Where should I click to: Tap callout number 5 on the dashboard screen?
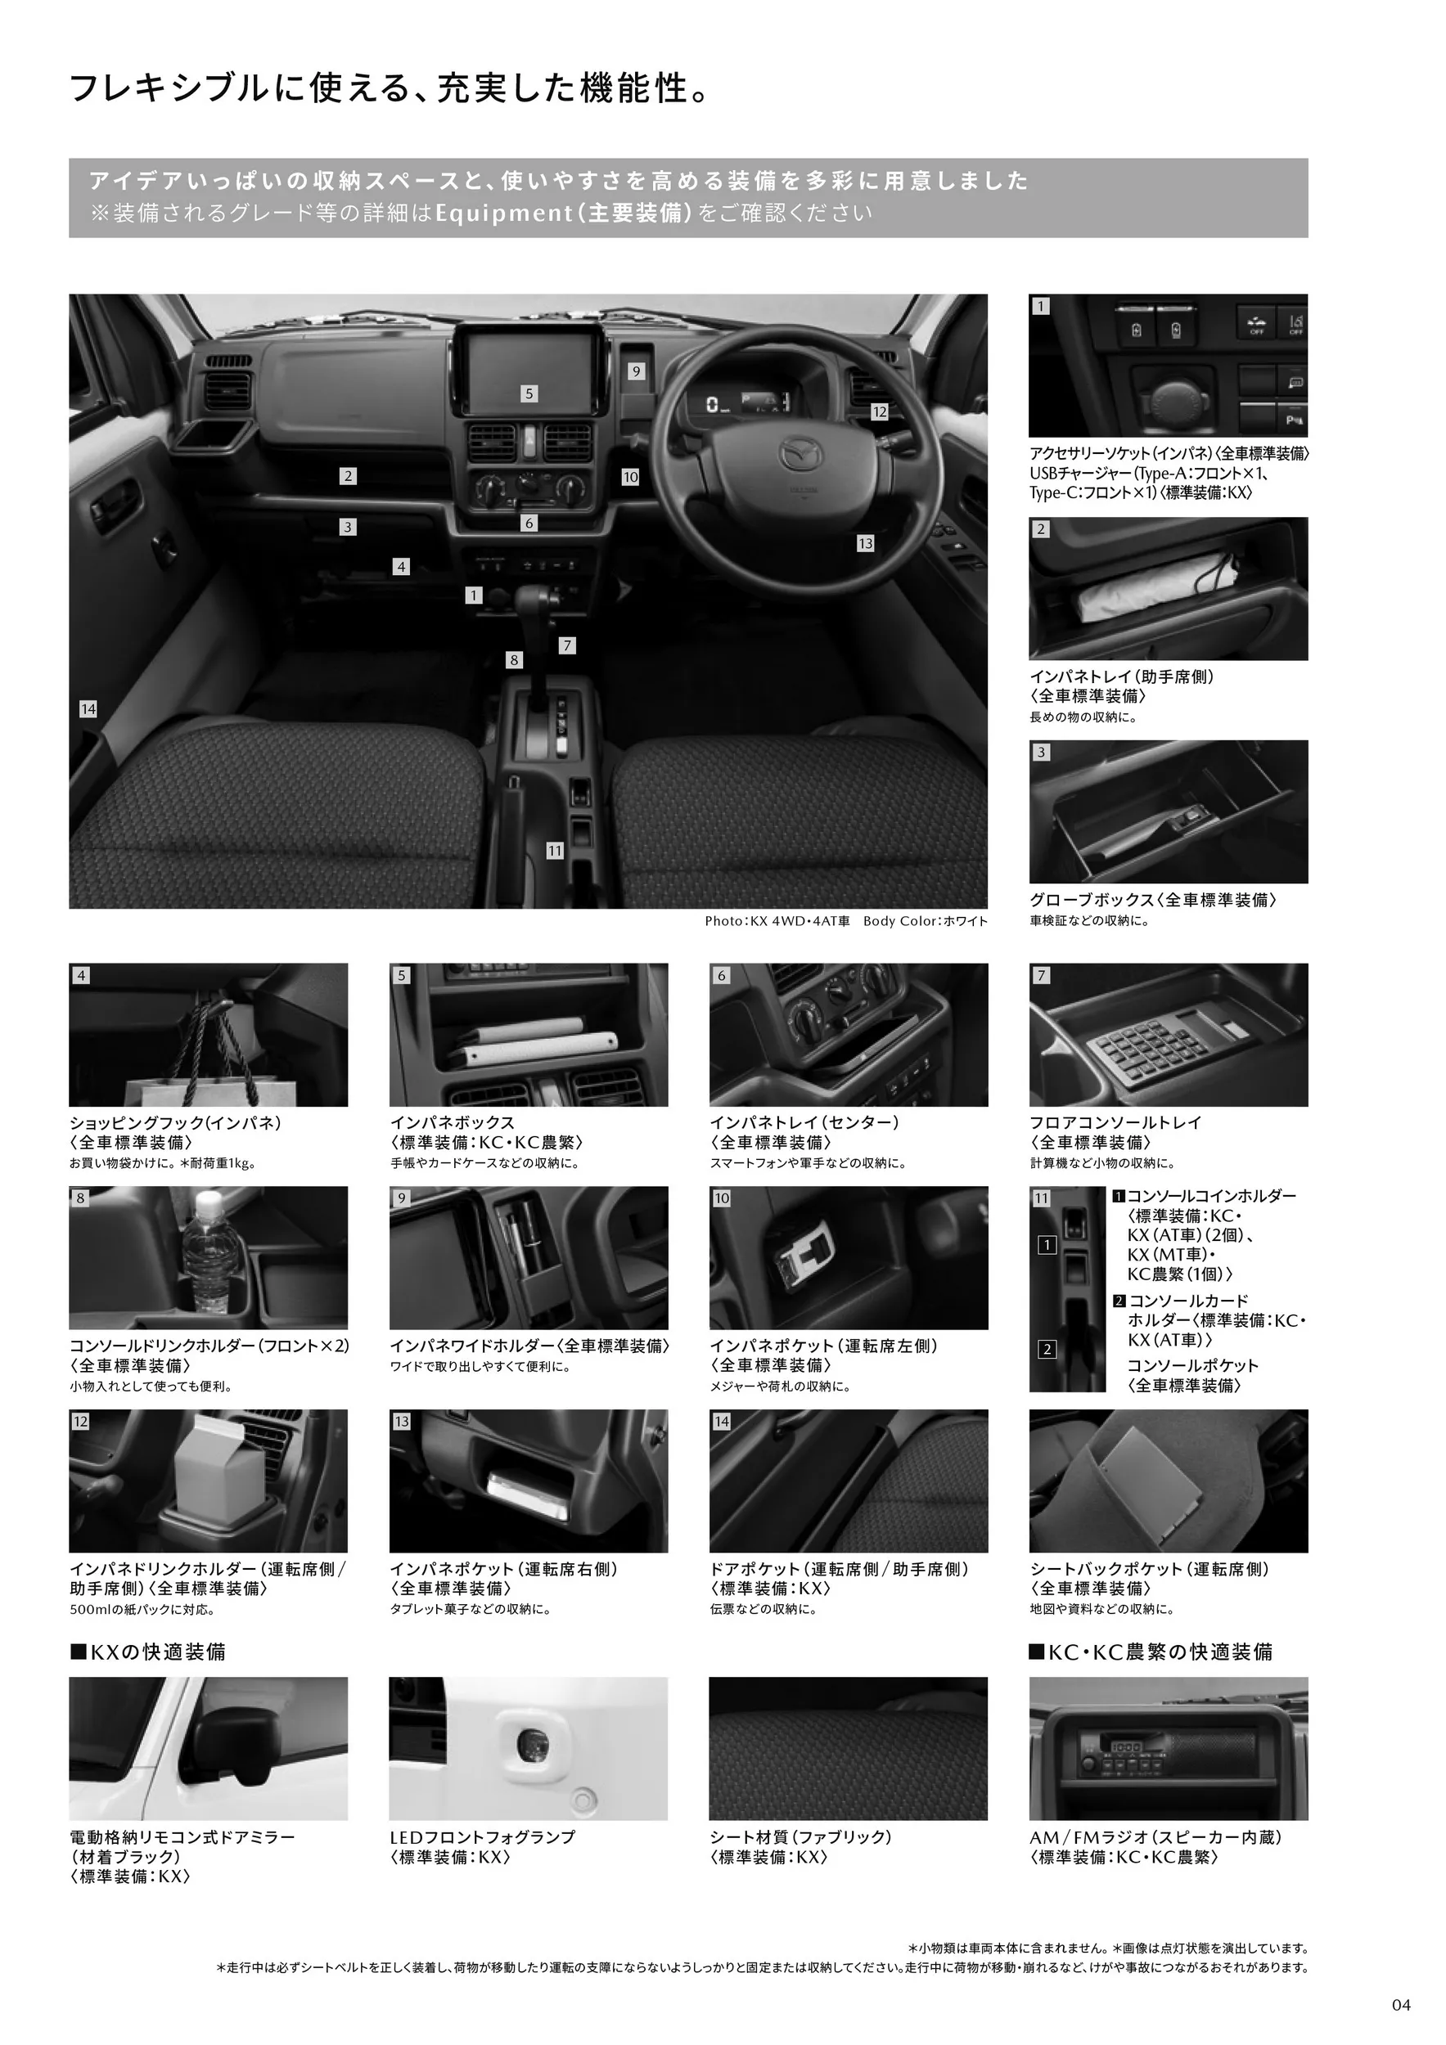coord(529,393)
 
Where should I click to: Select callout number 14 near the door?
coord(88,709)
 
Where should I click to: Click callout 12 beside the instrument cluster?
coord(881,411)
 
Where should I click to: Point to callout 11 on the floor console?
coord(555,851)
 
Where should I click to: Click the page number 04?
coord(1402,2005)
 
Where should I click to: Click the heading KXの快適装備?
coord(148,1652)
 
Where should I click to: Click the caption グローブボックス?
coord(1092,900)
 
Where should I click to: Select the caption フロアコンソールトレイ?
coord(1115,1122)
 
